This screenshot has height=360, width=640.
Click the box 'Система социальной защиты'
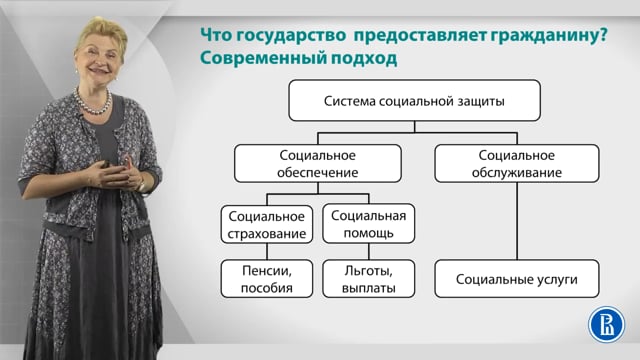coord(414,102)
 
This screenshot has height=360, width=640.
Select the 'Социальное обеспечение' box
coord(319,164)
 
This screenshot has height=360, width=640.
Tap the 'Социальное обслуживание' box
coord(518,164)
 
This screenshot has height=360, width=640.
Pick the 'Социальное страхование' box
coord(266,225)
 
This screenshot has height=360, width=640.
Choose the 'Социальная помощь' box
coord(368,225)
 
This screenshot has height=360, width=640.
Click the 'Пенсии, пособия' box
coord(266,279)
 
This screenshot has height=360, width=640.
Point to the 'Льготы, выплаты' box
coord(368,279)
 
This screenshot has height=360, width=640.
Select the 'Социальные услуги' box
coord(518,279)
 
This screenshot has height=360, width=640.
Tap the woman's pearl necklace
coord(92,104)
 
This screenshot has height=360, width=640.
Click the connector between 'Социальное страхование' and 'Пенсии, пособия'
coord(266,252)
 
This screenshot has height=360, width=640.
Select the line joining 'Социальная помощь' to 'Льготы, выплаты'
coord(368,252)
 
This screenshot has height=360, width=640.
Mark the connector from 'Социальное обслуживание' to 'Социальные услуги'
coord(518,222)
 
